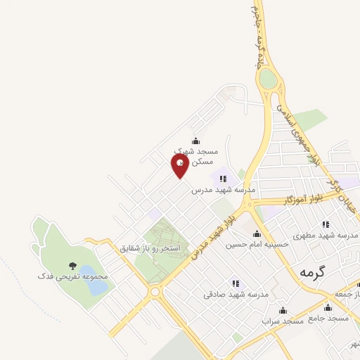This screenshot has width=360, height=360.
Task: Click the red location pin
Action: (181, 165)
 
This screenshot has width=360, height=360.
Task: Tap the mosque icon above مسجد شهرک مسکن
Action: (195, 140)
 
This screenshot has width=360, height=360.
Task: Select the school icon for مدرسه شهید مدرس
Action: (224, 179)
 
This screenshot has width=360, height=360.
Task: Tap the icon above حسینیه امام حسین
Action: (257, 234)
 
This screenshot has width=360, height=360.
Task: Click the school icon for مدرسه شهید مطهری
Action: (325, 224)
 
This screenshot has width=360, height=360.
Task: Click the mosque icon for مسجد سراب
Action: (283, 310)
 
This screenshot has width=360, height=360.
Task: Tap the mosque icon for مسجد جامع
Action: (328, 307)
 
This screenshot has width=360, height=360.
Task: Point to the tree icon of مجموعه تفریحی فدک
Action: (72, 265)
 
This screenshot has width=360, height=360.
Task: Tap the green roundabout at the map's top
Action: (268, 79)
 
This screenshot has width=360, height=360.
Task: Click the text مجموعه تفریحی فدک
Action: (73, 277)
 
